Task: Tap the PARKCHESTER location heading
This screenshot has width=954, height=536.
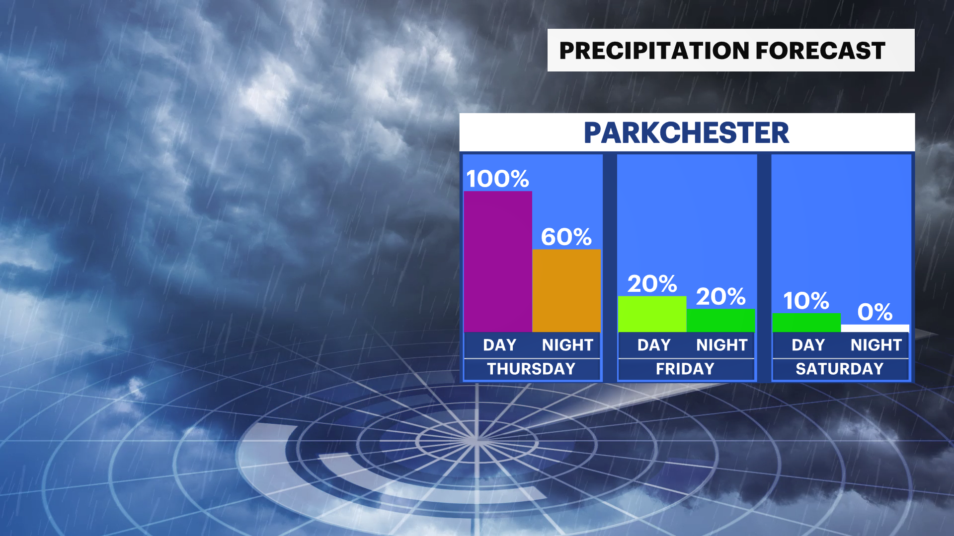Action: [x=686, y=133]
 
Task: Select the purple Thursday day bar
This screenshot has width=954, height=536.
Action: [x=498, y=262]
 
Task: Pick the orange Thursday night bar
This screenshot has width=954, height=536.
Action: [x=566, y=290]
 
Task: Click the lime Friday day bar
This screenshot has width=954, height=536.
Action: [x=652, y=314]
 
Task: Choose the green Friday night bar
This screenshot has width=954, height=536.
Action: [x=720, y=321]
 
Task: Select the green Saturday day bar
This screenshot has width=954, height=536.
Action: [x=806, y=323]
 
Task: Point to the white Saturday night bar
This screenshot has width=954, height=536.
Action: [x=875, y=329]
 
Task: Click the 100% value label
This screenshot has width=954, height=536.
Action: [x=497, y=179]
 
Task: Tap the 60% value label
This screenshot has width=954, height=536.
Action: [x=566, y=237]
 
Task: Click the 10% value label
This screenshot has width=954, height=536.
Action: [x=806, y=301]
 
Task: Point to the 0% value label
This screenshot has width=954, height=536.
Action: [x=875, y=312]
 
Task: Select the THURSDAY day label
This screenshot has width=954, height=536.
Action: [x=531, y=369]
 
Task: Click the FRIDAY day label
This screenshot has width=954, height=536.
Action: [x=685, y=369]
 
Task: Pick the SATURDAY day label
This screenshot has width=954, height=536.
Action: [x=840, y=369]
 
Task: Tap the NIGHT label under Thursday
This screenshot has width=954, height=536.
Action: [x=567, y=345]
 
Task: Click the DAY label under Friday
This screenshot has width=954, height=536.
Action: [x=654, y=345]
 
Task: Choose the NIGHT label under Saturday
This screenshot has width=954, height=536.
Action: [x=876, y=345]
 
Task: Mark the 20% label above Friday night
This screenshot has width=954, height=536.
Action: [x=720, y=297]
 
